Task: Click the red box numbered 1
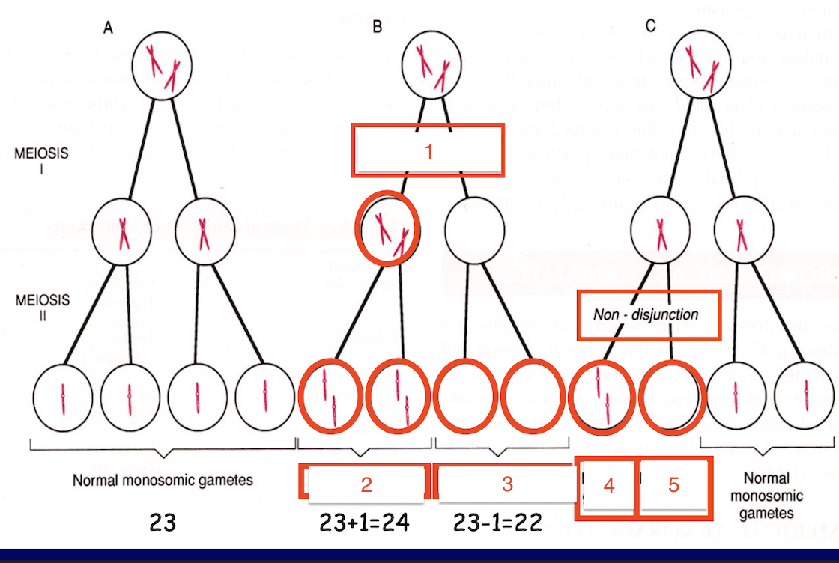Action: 428,151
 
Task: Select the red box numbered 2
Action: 366,484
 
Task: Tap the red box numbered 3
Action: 507,484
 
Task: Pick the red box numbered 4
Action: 608,487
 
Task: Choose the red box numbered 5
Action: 673,487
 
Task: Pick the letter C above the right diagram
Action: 650,27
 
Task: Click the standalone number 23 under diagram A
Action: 163,522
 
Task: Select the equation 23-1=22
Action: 498,522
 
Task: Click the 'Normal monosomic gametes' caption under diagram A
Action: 163,481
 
